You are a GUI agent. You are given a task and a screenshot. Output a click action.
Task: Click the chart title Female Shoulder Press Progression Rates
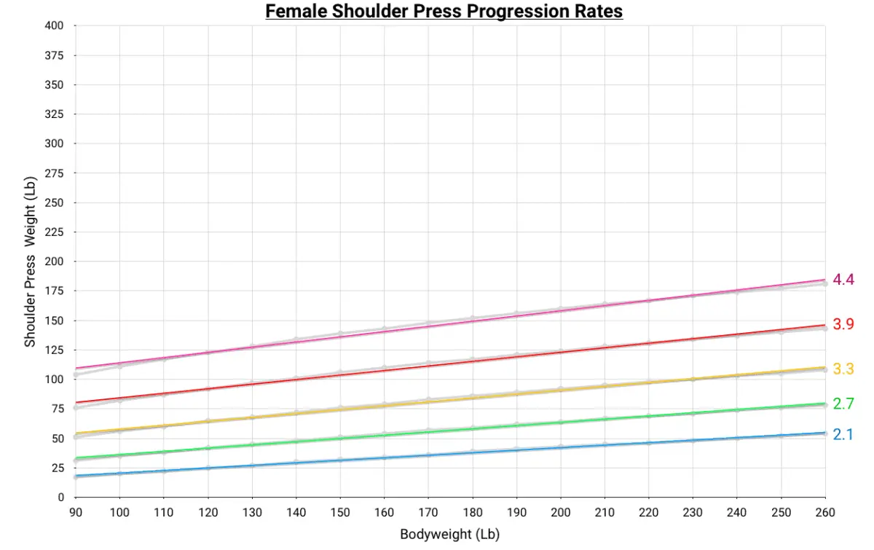[444, 12]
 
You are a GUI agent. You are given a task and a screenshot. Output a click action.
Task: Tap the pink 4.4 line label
[843, 279]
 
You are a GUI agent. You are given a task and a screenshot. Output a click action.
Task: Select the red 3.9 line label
[843, 324]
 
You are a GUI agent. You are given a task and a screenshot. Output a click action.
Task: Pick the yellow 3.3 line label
[843, 369]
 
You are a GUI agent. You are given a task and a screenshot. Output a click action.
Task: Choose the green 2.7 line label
[843, 404]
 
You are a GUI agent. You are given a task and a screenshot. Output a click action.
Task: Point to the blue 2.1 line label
[843, 435]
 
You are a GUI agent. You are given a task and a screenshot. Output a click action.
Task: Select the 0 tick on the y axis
[61, 498]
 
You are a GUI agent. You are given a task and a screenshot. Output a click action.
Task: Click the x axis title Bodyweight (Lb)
[449, 535]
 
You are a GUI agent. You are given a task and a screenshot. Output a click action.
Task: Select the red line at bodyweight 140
[296, 380]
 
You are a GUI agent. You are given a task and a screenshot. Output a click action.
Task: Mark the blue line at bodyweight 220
[649, 443]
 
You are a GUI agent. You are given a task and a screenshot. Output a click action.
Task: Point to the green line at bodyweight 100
[119, 455]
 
